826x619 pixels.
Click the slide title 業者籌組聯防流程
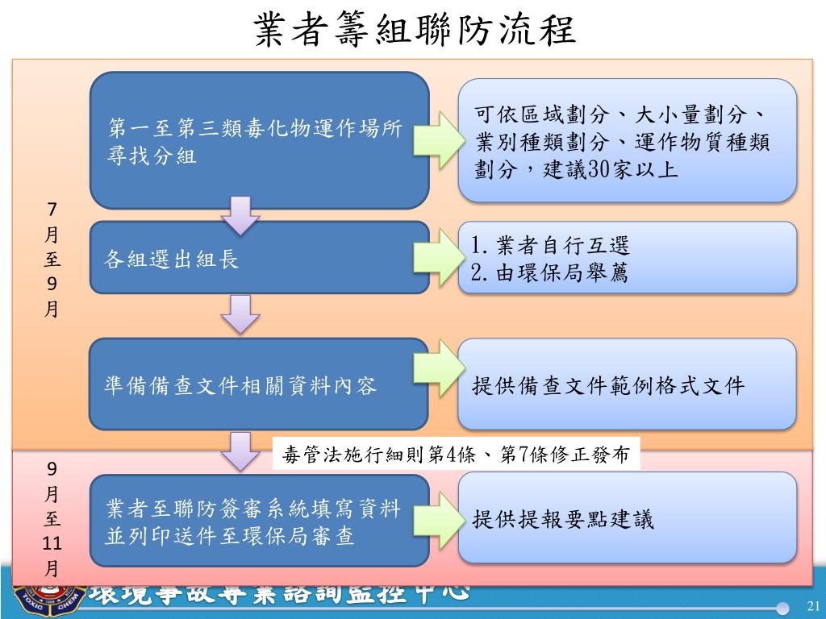pyautogui.click(x=413, y=31)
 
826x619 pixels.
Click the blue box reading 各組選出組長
pyautogui.click(x=258, y=259)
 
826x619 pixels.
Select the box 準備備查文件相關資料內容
pyautogui.click(x=258, y=384)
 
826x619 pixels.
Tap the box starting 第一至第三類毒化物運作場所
pyautogui.click(x=258, y=140)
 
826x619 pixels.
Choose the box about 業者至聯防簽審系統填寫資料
pyautogui.click(x=258, y=521)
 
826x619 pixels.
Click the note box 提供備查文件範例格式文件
pyautogui.click(x=627, y=384)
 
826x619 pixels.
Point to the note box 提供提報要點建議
pyautogui.click(x=627, y=518)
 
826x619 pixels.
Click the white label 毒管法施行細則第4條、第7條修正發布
pyautogui.click(x=457, y=454)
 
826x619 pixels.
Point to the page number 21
pyautogui.click(x=812, y=606)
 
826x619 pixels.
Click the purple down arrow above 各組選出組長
pyautogui.click(x=240, y=214)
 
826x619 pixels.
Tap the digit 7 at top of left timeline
pyautogui.click(x=52, y=210)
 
